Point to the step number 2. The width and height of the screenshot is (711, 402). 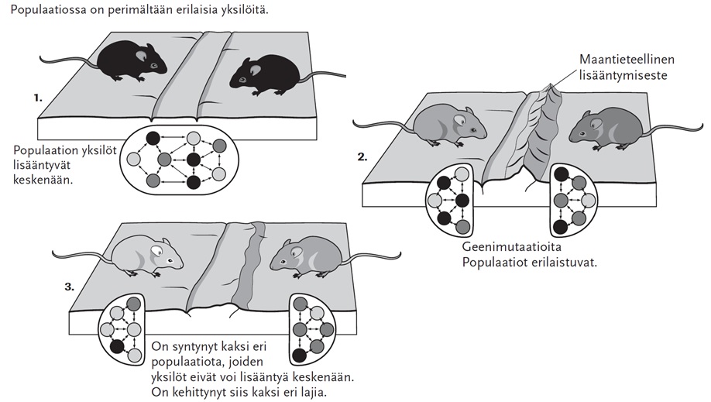pyautogui.click(x=362, y=156)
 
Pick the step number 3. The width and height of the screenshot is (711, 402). pyautogui.click(x=69, y=287)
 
